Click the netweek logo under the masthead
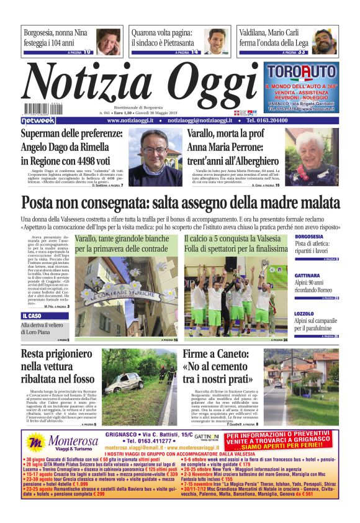tap(38, 120)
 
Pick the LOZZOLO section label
tap(304, 314)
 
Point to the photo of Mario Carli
tap(323, 41)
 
